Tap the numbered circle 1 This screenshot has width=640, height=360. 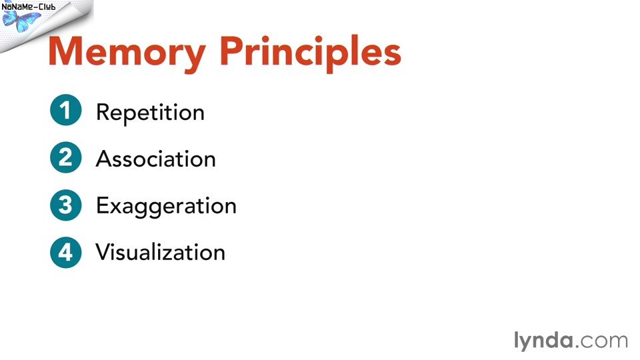(x=66, y=110)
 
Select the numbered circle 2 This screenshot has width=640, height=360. (x=66, y=157)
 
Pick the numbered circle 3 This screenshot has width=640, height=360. (x=66, y=205)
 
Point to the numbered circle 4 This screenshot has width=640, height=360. (x=66, y=252)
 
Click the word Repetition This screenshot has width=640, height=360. (x=150, y=113)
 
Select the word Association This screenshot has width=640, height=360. (x=156, y=159)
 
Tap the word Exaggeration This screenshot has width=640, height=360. (x=167, y=207)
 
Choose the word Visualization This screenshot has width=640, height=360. (x=161, y=252)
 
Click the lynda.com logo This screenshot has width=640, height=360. (x=571, y=341)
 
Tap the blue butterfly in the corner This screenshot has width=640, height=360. (x=21, y=21)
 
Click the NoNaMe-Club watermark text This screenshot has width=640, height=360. (x=29, y=7)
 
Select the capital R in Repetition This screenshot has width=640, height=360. (x=103, y=112)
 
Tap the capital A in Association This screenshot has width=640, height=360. (x=104, y=159)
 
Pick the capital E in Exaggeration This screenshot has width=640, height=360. (x=102, y=205)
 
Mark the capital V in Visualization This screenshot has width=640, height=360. (x=104, y=252)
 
